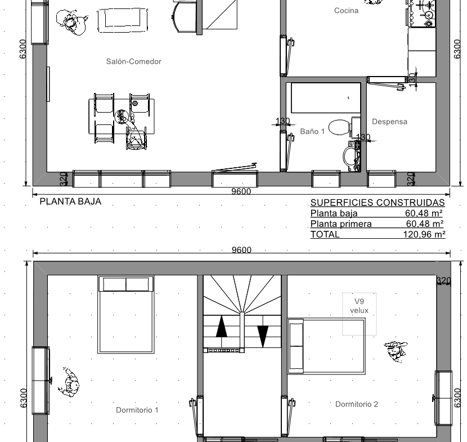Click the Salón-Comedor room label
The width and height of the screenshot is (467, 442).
click(x=134, y=61)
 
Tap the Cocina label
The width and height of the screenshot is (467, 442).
click(x=346, y=11)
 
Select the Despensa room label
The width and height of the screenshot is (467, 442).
click(x=389, y=122)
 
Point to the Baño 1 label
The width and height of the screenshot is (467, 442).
click(x=312, y=131)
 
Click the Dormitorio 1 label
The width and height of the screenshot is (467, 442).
click(x=137, y=410)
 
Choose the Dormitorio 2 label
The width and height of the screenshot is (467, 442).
click(x=357, y=404)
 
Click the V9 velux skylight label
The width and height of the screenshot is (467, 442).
click(x=359, y=306)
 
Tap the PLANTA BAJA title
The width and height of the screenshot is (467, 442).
click(x=70, y=202)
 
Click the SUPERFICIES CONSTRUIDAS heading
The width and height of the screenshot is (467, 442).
click(x=378, y=203)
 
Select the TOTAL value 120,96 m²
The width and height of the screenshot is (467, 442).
click(x=424, y=234)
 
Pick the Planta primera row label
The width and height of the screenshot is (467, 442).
click(x=341, y=224)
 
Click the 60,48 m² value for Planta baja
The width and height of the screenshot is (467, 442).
click(x=424, y=213)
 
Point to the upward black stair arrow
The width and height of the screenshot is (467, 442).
click(x=221, y=327)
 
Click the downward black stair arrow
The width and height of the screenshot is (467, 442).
click(x=262, y=337)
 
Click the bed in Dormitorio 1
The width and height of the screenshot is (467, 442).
click(x=126, y=315)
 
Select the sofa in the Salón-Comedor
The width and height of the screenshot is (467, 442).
click(x=123, y=20)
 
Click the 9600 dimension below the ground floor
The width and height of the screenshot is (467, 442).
click(x=241, y=191)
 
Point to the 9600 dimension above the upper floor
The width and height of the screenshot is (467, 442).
click(x=241, y=250)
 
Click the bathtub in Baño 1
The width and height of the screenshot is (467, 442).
click(x=326, y=98)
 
